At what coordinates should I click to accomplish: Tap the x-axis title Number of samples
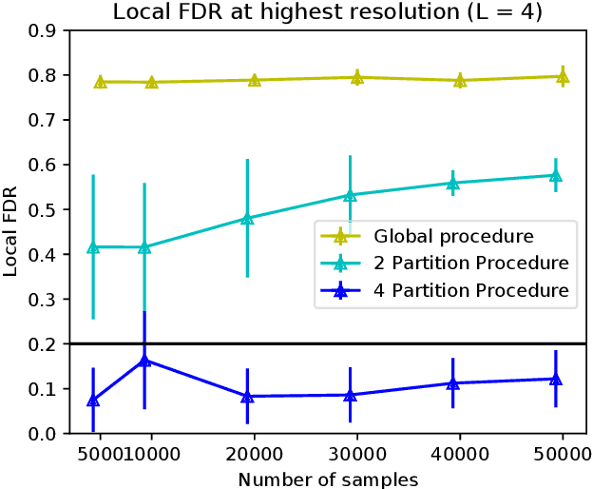coord(328,478)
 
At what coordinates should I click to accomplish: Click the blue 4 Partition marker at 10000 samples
coord(144,361)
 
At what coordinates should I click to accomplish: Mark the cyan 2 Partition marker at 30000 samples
coord(350,195)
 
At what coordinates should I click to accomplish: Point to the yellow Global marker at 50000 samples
coord(563,76)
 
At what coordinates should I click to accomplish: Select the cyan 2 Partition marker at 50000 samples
coord(556,175)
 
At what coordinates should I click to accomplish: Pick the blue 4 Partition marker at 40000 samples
coord(452,383)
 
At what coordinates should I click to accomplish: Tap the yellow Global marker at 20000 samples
coord(255,80)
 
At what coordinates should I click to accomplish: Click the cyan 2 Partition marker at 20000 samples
coord(247,218)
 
